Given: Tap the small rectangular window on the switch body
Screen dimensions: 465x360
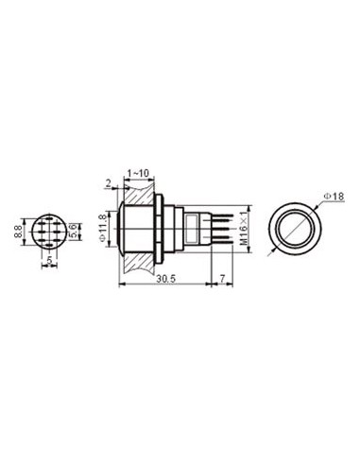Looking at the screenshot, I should tap(195, 226).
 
